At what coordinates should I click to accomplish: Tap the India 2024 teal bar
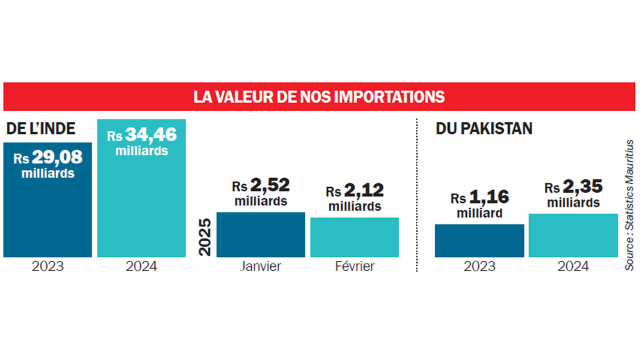tap(141, 210)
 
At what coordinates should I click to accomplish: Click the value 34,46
tap(150, 135)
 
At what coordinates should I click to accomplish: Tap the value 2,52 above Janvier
tap(269, 185)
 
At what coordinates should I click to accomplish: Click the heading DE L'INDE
tap(40, 128)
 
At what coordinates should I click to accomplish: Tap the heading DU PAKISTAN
tap(483, 128)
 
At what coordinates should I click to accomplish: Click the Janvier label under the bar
tap(260, 266)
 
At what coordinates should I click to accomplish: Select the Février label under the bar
tap(354, 266)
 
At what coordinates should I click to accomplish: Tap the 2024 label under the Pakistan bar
tap(573, 266)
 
